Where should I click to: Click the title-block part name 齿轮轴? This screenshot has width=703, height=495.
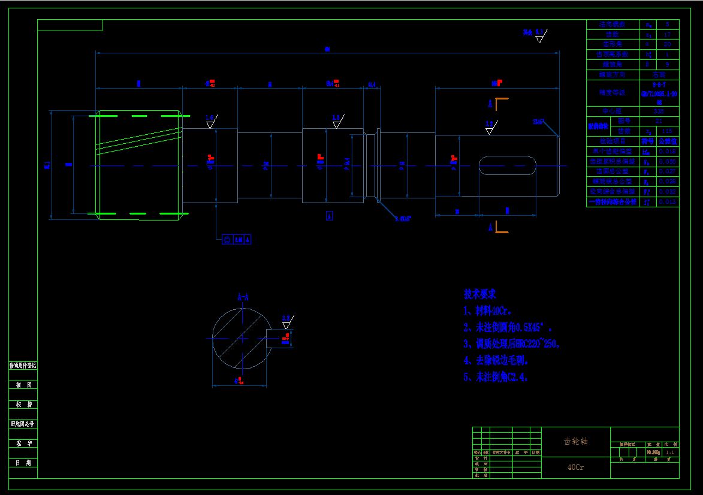pos(575,441)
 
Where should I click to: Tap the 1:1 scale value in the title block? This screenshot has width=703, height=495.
pos(670,452)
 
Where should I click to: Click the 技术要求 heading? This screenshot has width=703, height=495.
pos(480,294)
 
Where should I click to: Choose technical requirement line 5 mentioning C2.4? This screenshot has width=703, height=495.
pos(496,377)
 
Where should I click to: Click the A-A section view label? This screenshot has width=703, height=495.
pos(243,297)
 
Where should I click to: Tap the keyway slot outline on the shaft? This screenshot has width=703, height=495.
pos(507,165)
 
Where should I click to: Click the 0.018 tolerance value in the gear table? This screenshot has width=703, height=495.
pos(668,152)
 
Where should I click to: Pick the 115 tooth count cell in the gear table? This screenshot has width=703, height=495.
pos(668,131)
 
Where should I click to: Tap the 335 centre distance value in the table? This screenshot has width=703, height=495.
pos(659,111)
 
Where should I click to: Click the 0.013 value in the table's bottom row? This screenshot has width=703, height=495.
pos(668,203)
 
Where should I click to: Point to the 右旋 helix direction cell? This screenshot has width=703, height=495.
pos(659,75)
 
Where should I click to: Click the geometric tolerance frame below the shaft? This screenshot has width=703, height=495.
pos(237,240)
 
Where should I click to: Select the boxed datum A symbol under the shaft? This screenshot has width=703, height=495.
pos(329,216)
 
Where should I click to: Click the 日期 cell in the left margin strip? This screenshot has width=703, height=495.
pos(23,463)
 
